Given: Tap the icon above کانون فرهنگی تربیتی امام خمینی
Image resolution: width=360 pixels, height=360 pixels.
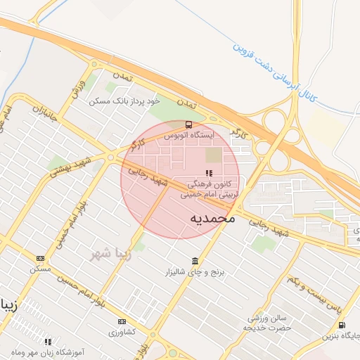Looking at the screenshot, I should (208, 172).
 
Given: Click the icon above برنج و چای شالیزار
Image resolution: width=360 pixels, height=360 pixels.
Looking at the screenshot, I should (195, 261).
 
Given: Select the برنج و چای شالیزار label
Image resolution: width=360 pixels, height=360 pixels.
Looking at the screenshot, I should (193, 271).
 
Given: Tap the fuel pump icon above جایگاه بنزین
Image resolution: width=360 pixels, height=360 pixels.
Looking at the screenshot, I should (342, 325).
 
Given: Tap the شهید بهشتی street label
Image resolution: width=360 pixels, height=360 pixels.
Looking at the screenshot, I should (70, 172).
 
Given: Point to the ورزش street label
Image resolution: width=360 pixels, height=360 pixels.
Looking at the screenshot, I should (77, 91).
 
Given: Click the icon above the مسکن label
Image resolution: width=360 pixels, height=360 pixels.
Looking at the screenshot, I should (39, 258).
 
